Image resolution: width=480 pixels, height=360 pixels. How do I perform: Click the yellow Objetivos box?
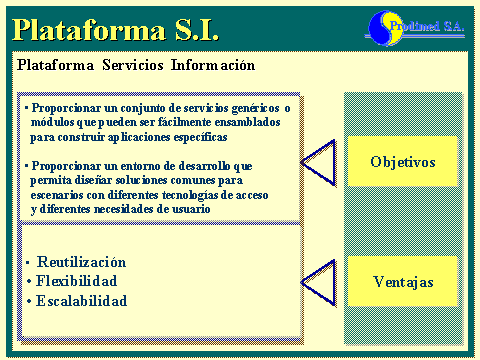402,161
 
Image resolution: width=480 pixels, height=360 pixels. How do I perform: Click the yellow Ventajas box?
402,282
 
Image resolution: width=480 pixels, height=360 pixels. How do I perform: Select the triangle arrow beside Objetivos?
318,161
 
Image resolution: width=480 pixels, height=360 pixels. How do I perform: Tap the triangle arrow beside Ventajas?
318,282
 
